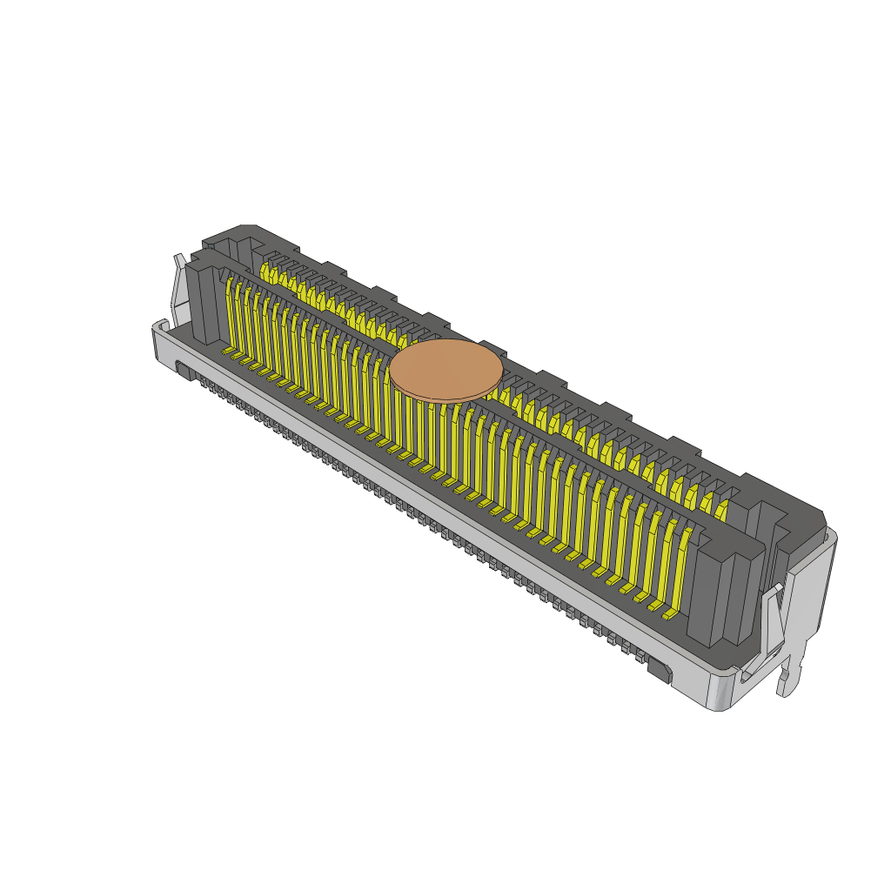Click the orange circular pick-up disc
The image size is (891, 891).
tap(445, 370)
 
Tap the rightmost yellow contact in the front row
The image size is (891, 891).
tap(681, 566)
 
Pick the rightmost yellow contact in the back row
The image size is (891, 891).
tap(720, 509)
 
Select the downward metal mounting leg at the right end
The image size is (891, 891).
tap(788, 674)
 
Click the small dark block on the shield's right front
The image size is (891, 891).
tap(659, 671)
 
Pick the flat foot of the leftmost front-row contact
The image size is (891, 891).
tap(230, 351)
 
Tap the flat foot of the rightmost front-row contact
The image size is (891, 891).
tap(668, 614)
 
